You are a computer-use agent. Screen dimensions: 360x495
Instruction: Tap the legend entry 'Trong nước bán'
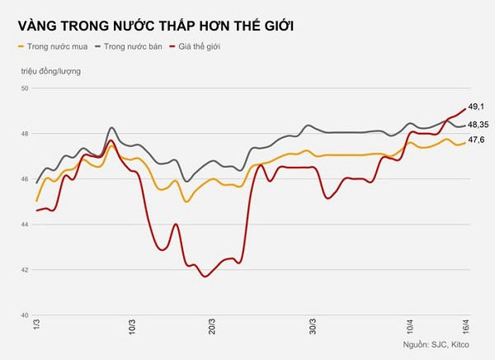click(132, 47)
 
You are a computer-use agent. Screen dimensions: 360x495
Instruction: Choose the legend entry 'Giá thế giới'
click(201, 47)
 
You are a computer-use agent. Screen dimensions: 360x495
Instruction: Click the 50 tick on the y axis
click(24, 88)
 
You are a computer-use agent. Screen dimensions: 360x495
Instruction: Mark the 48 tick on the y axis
click(24, 134)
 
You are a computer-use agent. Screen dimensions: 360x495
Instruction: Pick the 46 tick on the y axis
click(24, 179)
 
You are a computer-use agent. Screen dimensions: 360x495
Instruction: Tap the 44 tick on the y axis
click(24, 225)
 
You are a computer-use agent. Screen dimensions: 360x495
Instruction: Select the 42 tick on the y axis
click(24, 270)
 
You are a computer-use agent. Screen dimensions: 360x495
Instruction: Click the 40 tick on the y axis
click(24, 315)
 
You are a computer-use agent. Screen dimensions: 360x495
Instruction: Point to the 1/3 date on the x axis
click(35, 329)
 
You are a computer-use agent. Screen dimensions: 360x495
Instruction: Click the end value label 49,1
click(476, 107)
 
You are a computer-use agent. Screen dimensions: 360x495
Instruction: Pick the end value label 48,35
click(479, 125)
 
